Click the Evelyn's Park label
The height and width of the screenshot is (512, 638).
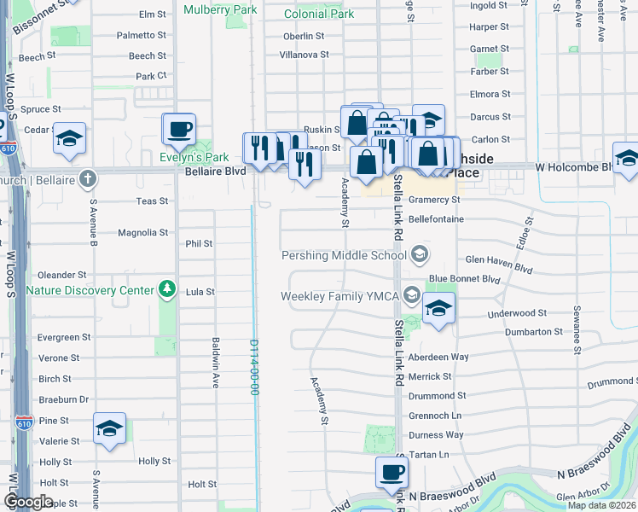click(x=194, y=158)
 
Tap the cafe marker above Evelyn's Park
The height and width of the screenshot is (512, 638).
click(x=179, y=130)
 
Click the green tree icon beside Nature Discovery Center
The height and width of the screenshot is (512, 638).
click(x=168, y=290)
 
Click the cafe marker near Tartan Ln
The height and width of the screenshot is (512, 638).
click(x=392, y=472)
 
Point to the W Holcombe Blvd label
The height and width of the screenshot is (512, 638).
click(x=574, y=167)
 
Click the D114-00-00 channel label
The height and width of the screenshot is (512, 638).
click(x=254, y=367)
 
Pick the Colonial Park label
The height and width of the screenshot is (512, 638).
click(x=318, y=15)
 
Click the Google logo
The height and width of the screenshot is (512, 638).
click(x=28, y=502)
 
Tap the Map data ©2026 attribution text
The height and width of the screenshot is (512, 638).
click(x=601, y=505)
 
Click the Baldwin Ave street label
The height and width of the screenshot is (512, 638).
click(x=217, y=367)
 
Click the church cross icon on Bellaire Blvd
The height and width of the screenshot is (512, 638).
click(x=85, y=178)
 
